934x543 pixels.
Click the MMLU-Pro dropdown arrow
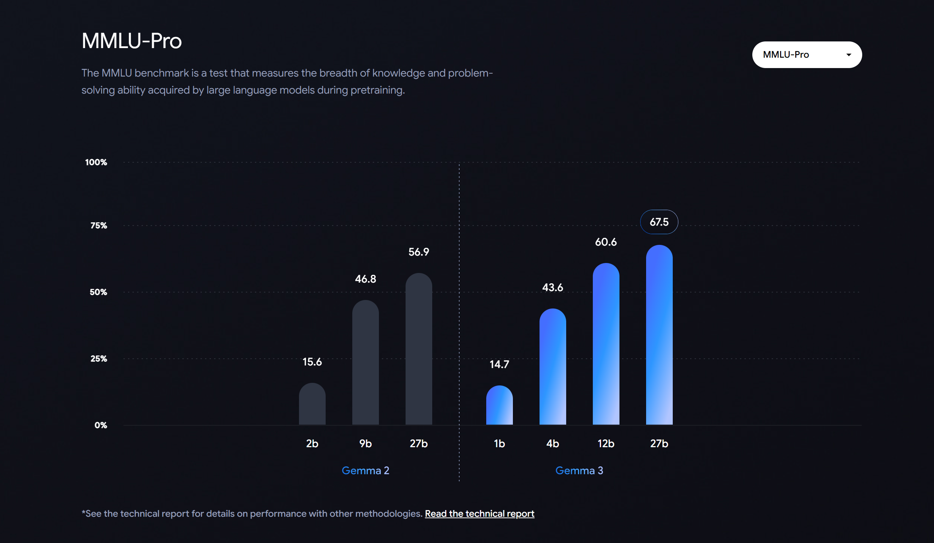tap(849, 55)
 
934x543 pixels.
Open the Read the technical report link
tap(479, 513)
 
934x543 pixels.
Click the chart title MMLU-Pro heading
tap(132, 41)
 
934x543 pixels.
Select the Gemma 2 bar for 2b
tap(312, 404)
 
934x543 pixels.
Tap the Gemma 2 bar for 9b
tap(366, 363)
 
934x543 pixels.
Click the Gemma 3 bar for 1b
tap(499, 405)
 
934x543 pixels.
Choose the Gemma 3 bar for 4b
tap(552, 367)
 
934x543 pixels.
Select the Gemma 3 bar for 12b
tap(606, 344)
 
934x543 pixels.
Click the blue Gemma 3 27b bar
tap(659, 335)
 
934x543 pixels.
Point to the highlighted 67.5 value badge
tap(659, 222)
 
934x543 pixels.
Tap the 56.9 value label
tap(419, 252)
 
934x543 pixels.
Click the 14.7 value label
tap(499, 364)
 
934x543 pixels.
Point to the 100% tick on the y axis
tap(96, 162)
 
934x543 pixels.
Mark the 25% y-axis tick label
tap(98, 358)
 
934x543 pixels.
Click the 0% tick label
tap(100, 425)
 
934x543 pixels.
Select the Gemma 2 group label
tap(365, 471)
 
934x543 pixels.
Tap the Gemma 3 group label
tap(579, 471)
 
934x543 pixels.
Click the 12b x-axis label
tap(606, 443)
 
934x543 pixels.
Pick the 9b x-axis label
tap(365, 443)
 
